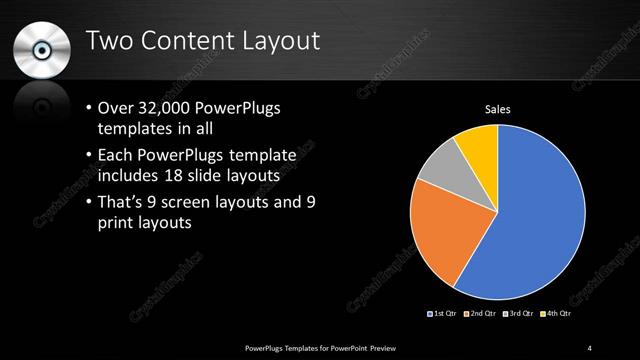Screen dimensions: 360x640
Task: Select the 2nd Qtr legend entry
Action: coord(481,315)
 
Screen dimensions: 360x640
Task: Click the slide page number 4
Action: coord(589,347)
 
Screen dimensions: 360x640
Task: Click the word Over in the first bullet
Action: coord(116,108)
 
